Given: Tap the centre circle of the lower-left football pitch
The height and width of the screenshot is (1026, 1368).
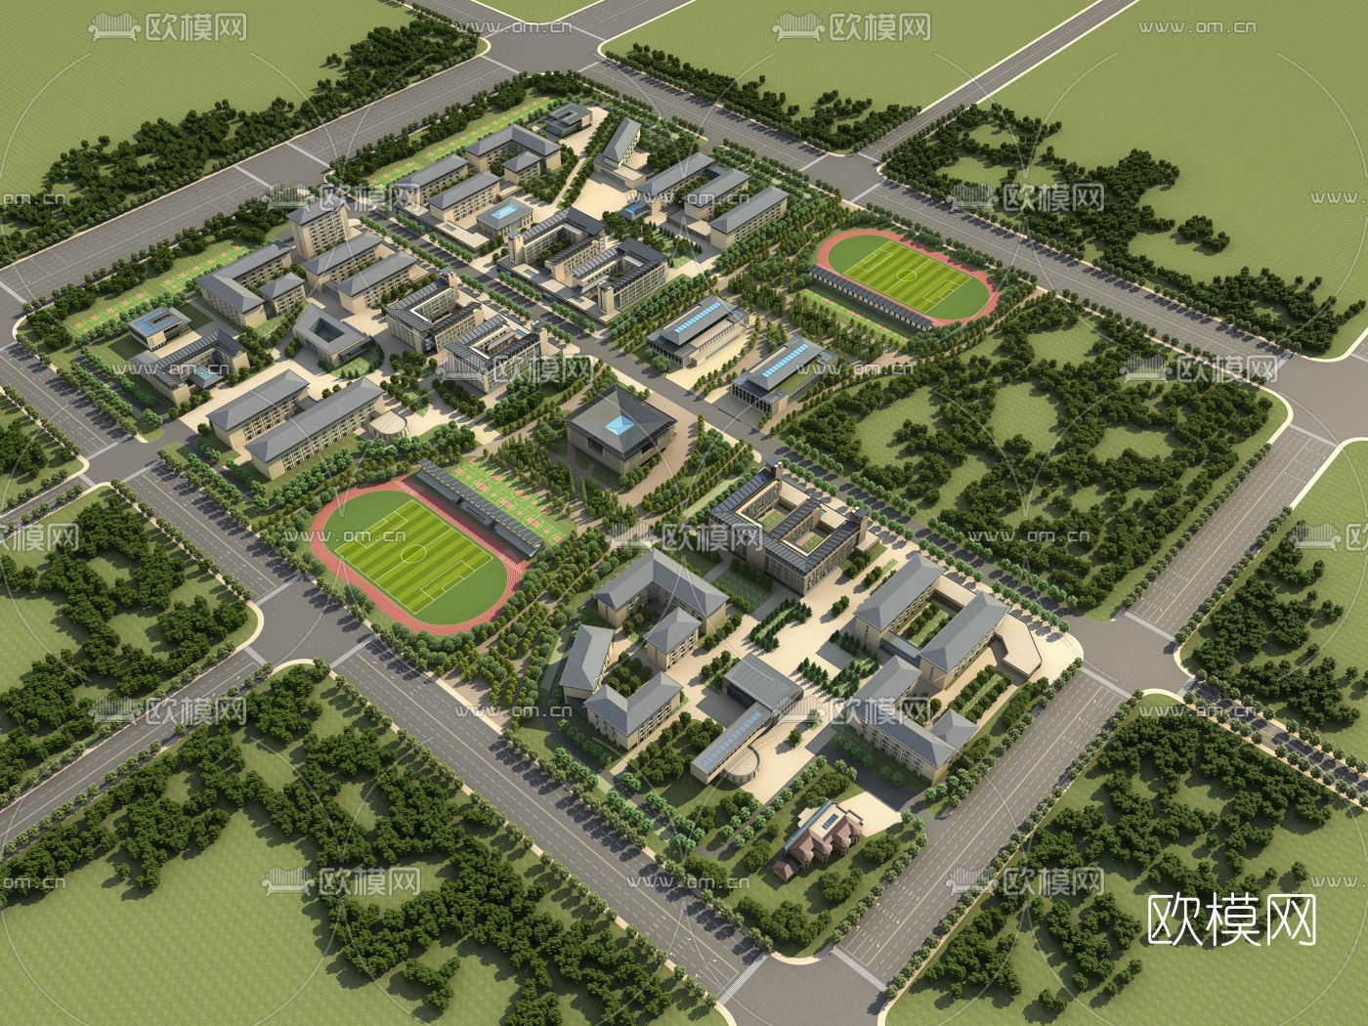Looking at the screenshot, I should (x=411, y=553).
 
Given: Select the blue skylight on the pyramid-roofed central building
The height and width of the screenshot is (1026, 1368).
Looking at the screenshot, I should (x=619, y=423).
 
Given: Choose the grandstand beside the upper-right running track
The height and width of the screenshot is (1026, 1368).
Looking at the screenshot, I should (x=870, y=300).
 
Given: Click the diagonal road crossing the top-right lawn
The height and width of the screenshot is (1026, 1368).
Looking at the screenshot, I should (x=1006, y=68).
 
